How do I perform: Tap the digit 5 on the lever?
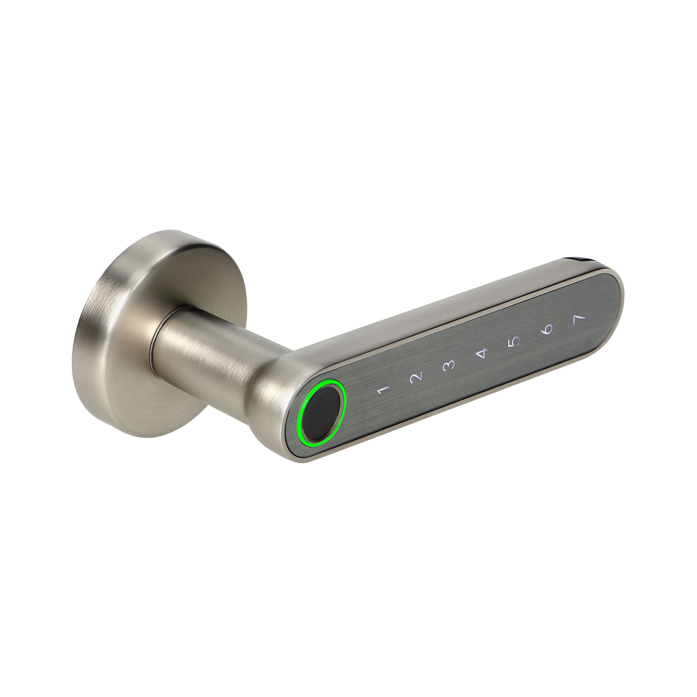[x=515, y=342]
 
